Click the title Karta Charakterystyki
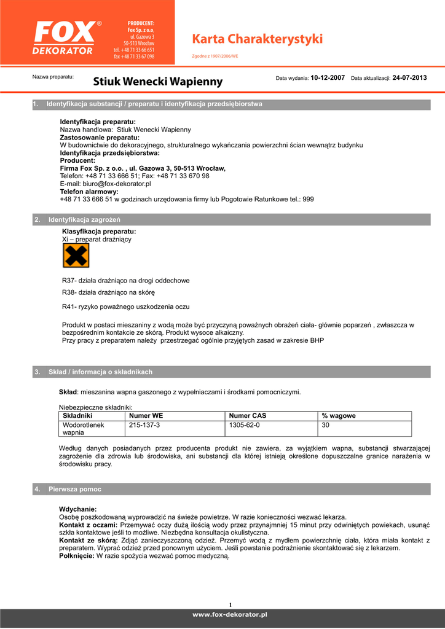tap(258, 39)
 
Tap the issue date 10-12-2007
tap(328, 78)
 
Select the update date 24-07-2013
tap(409, 78)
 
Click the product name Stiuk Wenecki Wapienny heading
tap(158, 82)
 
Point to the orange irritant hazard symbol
tap(76, 255)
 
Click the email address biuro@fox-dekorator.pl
tap(105, 184)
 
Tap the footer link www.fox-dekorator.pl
tap(230, 614)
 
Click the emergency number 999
tap(308, 199)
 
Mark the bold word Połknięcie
tap(76, 556)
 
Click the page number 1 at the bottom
tap(230, 604)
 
